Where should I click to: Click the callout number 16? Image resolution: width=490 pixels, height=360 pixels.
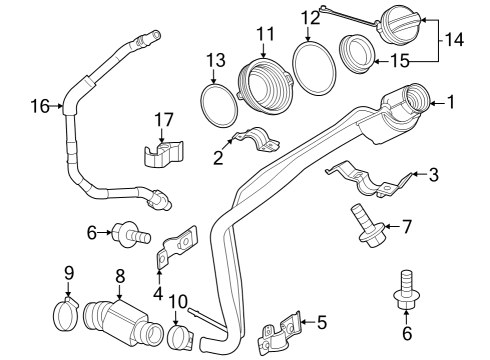(40, 106)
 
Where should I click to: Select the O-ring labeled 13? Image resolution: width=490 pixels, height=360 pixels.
(219, 106)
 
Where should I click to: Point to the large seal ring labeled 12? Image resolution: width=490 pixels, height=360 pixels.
(314, 68)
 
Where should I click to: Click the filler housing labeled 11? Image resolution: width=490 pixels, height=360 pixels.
(265, 87)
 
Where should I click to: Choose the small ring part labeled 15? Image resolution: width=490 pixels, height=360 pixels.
(357, 53)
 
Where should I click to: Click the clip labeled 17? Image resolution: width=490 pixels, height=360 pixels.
(164, 153)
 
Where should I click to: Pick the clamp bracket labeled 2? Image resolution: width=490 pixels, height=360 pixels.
(256, 139)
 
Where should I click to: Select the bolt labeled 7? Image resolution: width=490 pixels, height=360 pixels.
(367, 227)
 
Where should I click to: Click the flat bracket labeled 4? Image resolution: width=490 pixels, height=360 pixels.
(177, 246)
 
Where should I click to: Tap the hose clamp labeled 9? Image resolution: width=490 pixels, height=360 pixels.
(66, 314)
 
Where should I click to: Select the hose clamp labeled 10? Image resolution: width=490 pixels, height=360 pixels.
(181, 337)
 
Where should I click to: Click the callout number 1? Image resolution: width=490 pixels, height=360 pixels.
(451, 102)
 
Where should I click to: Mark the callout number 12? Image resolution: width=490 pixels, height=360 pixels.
(310, 18)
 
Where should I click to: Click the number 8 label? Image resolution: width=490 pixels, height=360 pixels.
(120, 276)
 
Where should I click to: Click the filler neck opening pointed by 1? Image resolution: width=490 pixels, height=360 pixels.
(417, 99)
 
